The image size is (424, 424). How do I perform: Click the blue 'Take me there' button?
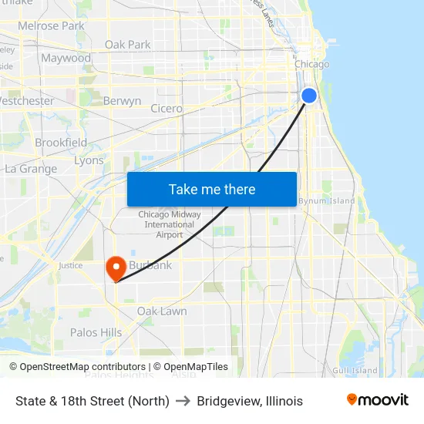point(212,189)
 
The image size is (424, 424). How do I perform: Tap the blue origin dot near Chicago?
point(308,96)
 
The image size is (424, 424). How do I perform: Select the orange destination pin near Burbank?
point(116,268)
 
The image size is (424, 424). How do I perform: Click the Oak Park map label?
point(128,45)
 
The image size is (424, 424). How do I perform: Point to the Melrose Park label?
point(51,25)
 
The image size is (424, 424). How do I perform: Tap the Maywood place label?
point(66,58)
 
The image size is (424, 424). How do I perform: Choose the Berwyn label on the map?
point(122,101)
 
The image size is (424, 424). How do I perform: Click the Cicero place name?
point(167,109)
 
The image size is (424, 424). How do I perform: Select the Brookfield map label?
point(61,143)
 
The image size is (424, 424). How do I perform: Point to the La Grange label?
point(31,169)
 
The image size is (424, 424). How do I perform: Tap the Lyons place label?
point(89,160)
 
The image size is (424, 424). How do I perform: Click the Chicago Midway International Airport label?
point(170,224)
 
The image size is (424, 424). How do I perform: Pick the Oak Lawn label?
point(161,311)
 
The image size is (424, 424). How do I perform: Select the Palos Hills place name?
point(96,332)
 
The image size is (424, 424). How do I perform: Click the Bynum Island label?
point(327,201)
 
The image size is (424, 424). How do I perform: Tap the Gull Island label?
point(355,371)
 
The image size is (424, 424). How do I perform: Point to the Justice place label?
point(70,265)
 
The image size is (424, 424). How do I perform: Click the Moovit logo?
point(377,400)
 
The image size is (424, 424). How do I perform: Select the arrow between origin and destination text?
point(183,401)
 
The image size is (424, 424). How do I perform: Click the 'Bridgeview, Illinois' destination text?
point(250,401)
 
